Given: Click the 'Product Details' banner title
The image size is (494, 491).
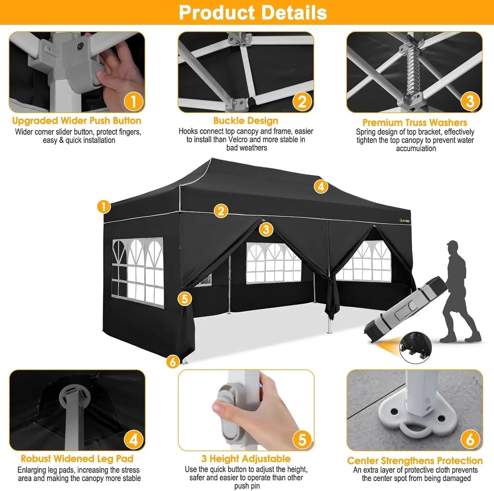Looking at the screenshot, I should (253, 13).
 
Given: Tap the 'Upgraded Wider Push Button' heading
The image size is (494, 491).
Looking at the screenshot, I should (77, 121).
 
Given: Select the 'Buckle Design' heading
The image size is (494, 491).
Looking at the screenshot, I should (245, 121).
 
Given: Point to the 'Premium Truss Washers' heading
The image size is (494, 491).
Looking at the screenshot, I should (414, 122).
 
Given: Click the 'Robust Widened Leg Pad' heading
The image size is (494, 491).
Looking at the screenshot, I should (77, 458).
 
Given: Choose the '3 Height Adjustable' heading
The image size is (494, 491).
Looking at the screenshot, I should (246, 458).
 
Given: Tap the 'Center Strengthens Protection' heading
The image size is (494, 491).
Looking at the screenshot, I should (415, 461).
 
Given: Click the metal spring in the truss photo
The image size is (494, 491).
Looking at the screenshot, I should (414, 72).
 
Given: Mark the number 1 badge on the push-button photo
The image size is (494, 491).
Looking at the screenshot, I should (133, 101).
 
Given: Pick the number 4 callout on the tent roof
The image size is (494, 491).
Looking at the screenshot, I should (321, 187).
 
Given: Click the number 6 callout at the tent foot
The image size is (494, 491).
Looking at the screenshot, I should (173, 361).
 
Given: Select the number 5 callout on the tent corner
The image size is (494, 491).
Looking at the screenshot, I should (185, 299).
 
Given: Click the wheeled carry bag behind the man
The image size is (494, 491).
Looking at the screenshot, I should (405, 308).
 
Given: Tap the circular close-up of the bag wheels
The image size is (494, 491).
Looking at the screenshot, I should (415, 347).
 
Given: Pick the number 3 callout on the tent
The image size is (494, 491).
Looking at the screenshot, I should (266, 229).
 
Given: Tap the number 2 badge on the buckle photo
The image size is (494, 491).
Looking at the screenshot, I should (302, 101).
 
